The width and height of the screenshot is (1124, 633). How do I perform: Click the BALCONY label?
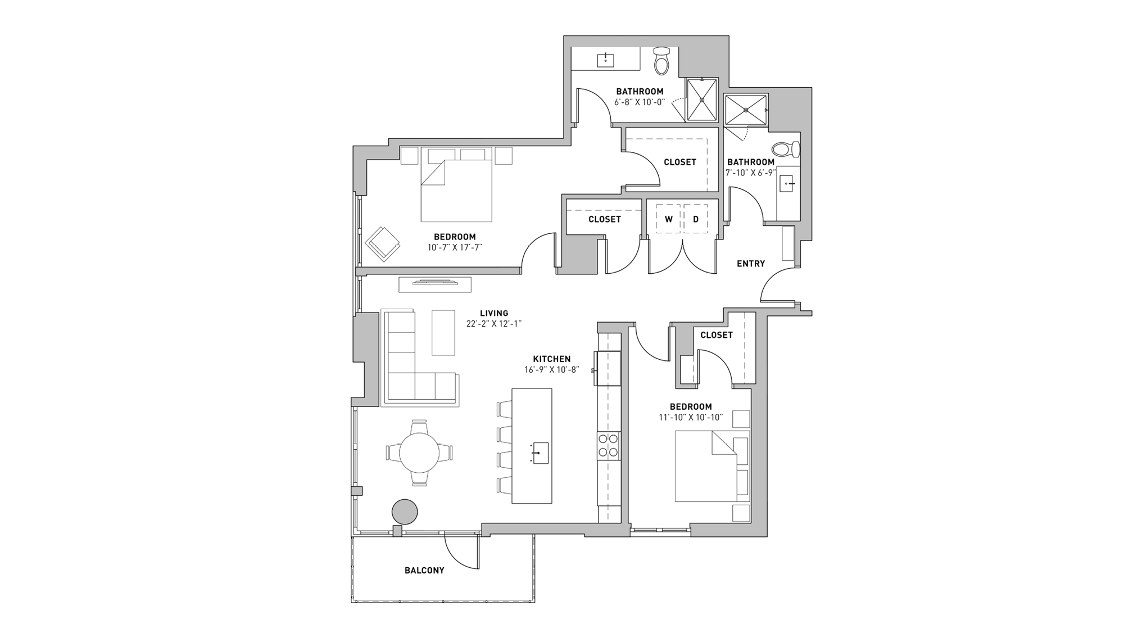[x=424, y=570]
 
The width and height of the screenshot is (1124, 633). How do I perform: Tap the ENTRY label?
[x=751, y=263]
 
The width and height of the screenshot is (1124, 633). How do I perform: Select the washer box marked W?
[x=668, y=219]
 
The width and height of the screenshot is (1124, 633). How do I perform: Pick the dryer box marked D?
[x=696, y=219]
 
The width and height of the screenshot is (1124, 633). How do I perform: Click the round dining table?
[x=420, y=453]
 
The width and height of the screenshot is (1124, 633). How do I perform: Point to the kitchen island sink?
[x=540, y=453]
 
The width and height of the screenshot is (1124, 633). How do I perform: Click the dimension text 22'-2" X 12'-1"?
[x=494, y=324]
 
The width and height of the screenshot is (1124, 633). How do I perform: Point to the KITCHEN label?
[x=551, y=359]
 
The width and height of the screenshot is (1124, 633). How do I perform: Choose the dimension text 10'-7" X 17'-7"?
[x=455, y=247]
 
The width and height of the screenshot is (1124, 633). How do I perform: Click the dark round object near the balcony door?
[x=405, y=512]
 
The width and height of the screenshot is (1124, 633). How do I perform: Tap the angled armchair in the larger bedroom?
[x=383, y=243]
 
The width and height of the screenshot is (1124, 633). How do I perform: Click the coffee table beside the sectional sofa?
[x=443, y=332]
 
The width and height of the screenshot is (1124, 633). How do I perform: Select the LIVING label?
[x=494, y=313]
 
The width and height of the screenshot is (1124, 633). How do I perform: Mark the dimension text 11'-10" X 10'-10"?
[x=691, y=418]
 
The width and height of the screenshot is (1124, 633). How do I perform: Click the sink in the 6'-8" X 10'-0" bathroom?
[x=605, y=59]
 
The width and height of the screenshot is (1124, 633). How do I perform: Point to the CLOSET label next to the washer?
[x=604, y=219]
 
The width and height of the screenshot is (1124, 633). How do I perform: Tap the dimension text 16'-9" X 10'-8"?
[x=551, y=370]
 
